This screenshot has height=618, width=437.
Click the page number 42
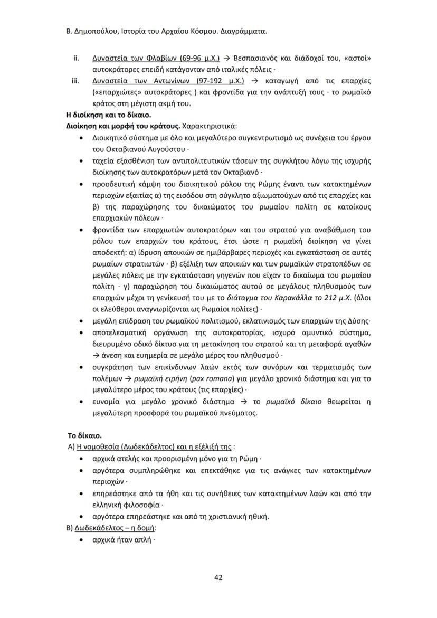click(x=218, y=577)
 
